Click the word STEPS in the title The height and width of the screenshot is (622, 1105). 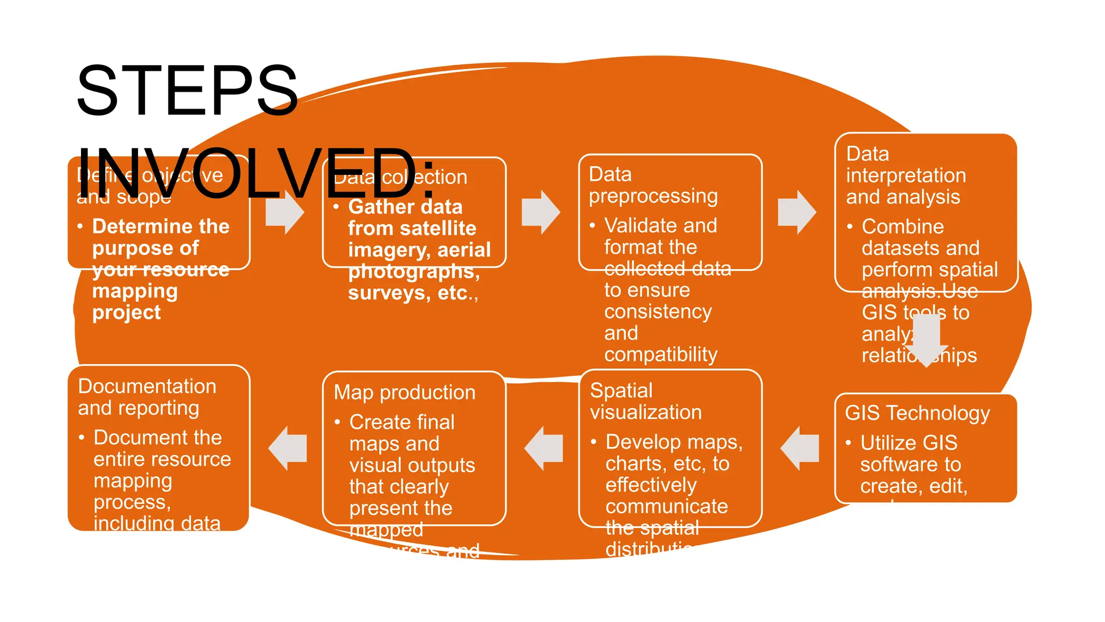coord(187,91)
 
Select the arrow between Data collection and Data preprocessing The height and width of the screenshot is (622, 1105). coord(541,212)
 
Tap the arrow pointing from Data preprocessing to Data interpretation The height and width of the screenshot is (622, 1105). coord(797,212)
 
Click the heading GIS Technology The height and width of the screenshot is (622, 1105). coord(917,413)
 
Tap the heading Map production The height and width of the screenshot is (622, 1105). coord(405,393)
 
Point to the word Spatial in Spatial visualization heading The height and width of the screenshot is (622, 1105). coord(621,390)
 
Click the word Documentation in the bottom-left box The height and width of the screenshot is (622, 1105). coord(147,387)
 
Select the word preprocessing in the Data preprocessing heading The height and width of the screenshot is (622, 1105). coord(653,196)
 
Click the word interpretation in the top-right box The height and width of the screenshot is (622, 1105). coord(906,175)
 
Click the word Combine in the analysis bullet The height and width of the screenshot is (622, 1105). coord(903,227)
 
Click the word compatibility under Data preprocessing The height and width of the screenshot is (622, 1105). coord(660,355)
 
